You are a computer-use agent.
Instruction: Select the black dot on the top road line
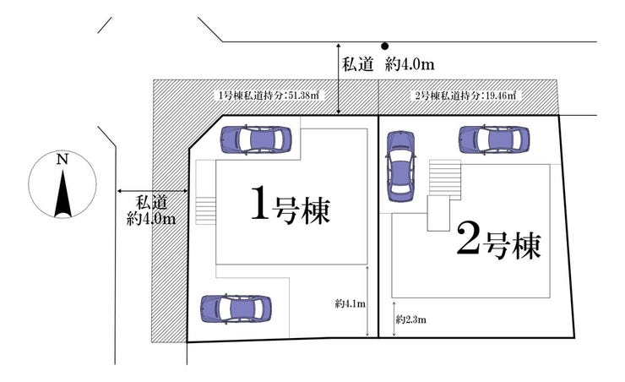[x=383, y=46]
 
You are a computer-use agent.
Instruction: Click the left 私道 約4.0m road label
[x=151, y=210]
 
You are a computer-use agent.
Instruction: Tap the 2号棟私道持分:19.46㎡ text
[x=465, y=95]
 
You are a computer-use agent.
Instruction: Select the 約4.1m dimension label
[x=350, y=303]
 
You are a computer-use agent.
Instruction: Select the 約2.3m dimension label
[x=411, y=319]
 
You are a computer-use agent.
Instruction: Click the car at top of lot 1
[x=254, y=139]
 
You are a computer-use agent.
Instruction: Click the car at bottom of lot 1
[x=235, y=307]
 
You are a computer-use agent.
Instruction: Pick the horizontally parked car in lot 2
[x=493, y=139]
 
